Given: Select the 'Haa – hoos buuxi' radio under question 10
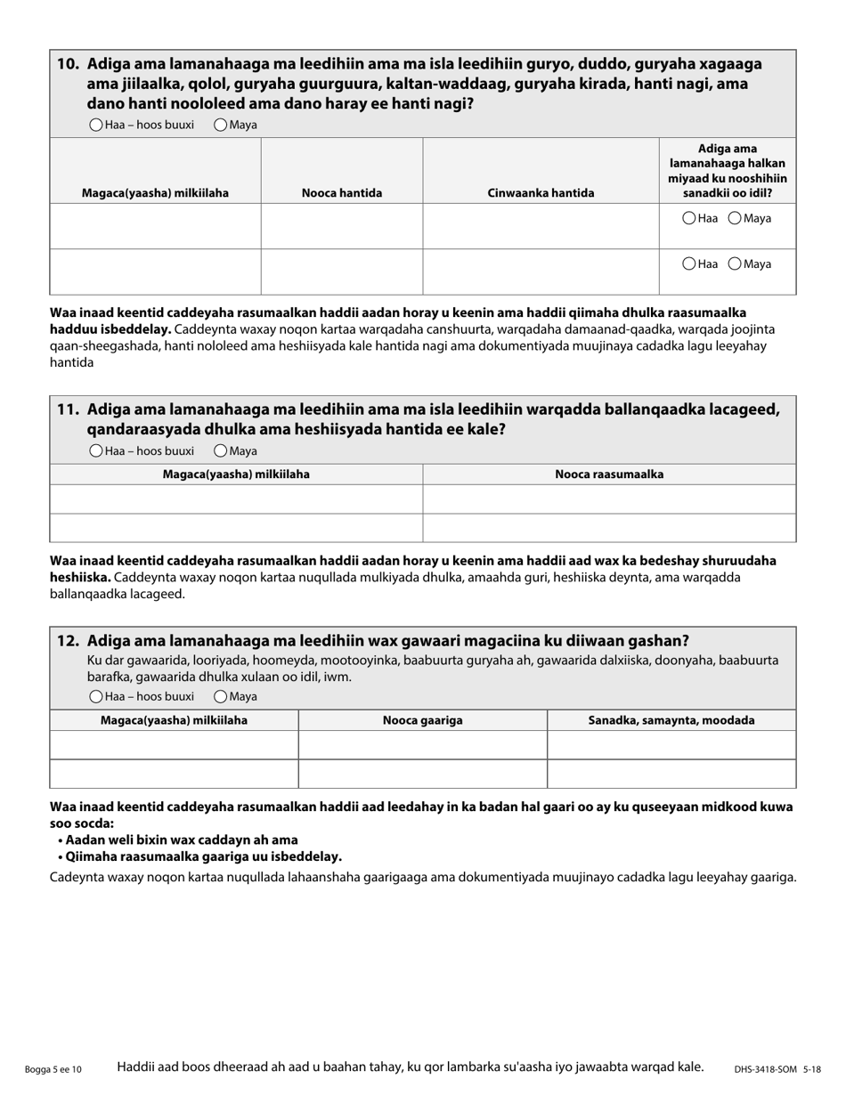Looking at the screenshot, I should pos(96,126).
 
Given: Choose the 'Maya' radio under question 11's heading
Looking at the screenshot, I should pos(221,451).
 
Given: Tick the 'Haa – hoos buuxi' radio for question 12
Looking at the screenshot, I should pos(96,697).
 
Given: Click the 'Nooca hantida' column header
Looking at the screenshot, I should pos(342,193).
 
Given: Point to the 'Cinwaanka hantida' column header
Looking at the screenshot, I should pos(541,193).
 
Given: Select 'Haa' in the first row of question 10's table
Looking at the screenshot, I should pos(689,218).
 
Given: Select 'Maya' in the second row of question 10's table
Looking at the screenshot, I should pos(736,264).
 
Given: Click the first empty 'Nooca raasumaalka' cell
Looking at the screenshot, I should pos(609,499).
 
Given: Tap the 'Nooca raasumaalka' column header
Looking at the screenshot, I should pos(609,474).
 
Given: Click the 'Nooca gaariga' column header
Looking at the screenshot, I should pos(422,720).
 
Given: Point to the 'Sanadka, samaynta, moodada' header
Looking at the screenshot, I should pos(671,720).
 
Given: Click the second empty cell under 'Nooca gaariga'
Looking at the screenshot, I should pos(422,774).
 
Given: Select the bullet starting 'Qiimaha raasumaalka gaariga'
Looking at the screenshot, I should pos(203,856).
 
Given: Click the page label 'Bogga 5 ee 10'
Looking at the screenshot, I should pos(54,1069).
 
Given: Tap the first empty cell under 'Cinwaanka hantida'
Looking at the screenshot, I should pos(541,226).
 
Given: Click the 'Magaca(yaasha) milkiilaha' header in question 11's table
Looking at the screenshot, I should pos(236,474).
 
